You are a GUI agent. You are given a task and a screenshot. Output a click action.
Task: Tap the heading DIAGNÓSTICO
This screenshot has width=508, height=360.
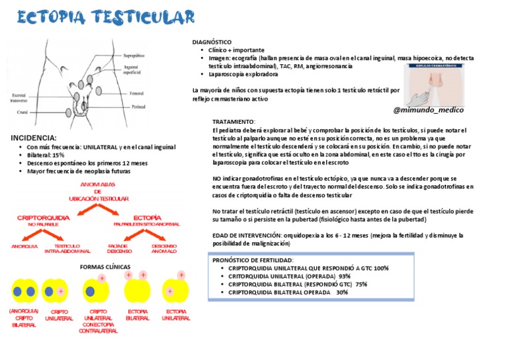pos(211,42)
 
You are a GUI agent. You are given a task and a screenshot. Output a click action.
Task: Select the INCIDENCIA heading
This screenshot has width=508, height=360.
pos(34,138)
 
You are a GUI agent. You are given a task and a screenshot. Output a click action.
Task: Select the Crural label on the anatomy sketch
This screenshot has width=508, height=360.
pos(24,112)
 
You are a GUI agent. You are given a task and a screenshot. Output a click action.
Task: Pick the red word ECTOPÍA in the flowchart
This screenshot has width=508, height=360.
pos(147,217)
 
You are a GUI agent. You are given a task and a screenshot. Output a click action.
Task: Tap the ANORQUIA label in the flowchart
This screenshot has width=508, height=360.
pos(24,246)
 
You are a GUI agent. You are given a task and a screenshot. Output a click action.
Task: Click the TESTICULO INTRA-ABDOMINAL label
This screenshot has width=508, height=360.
pos(67,249)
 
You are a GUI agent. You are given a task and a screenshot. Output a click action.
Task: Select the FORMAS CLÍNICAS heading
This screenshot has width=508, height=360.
pos(103,267)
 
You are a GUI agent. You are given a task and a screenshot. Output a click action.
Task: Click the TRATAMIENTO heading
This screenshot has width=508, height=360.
pos(233,122)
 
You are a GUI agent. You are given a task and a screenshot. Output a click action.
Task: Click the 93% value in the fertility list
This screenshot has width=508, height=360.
pos(345,276)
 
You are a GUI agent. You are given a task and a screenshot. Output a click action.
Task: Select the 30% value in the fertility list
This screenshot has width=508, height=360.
pos(342,292)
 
